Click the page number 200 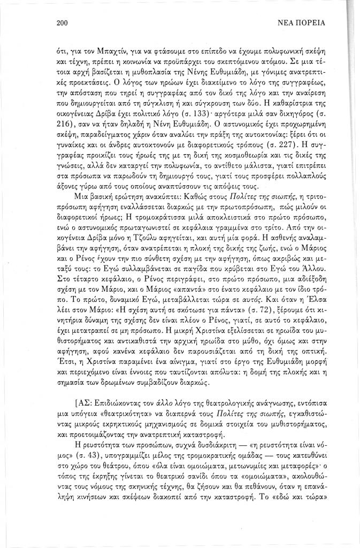pos(59,23)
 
